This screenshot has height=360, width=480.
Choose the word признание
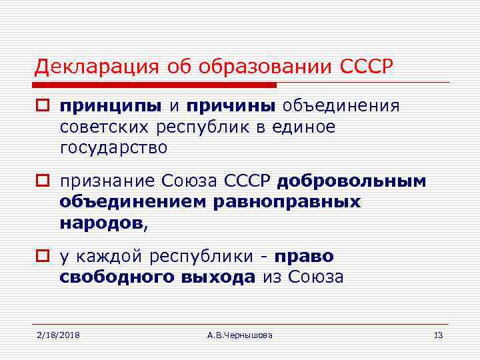click(x=107, y=181)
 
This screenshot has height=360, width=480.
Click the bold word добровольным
click(x=351, y=181)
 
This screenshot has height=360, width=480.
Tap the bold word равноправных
click(x=287, y=201)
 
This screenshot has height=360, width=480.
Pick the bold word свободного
click(x=117, y=277)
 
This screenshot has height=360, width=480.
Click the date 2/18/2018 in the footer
click(x=58, y=334)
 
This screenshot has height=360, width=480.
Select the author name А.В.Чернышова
click(x=240, y=334)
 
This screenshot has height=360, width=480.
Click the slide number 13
click(x=438, y=334)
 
